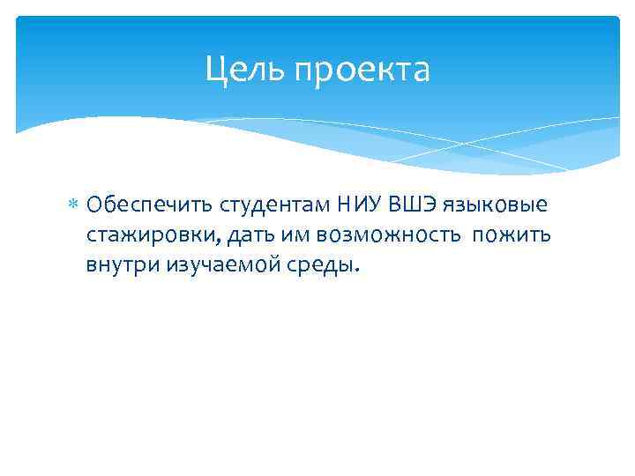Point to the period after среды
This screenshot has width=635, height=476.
(x=357, y=271)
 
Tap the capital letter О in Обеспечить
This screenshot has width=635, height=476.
(x=94, y=206)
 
